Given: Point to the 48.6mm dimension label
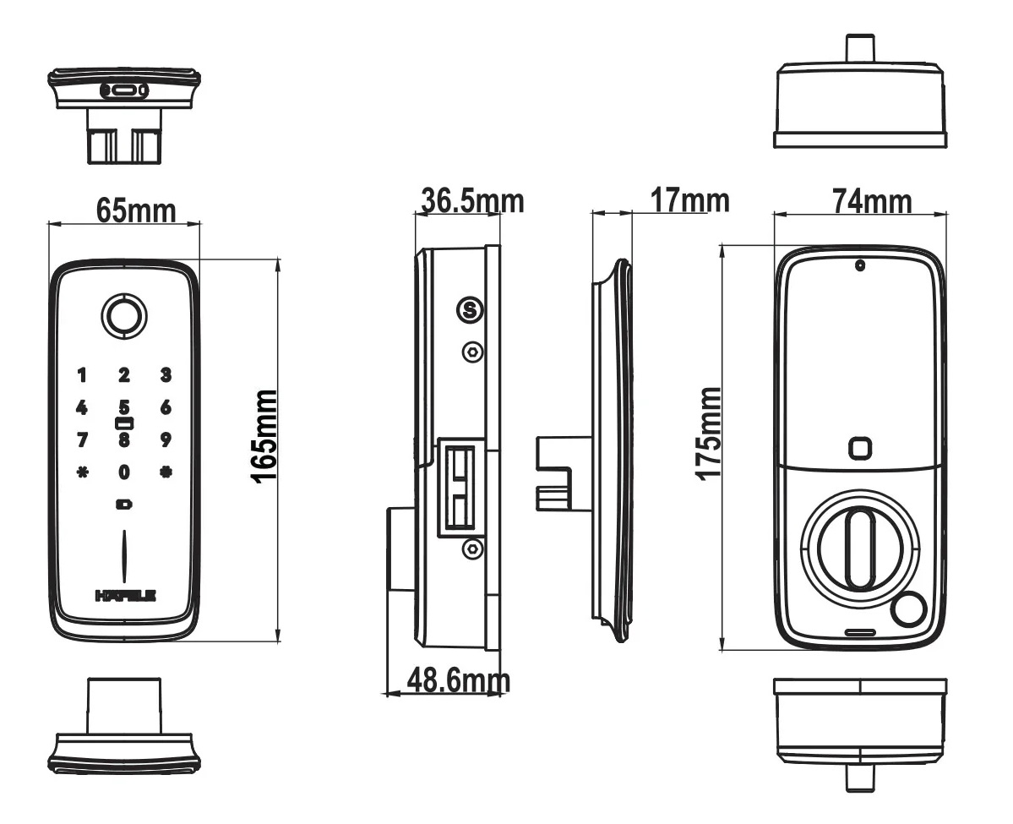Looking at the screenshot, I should tap(459, 679).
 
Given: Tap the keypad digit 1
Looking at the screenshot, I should tap(82, 374).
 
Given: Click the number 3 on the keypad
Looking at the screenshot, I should tap(166, 374).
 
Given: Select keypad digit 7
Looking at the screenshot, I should tap(82, 439).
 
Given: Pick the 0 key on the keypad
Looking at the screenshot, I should tap(124, 472).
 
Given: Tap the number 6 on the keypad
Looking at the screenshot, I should tap(166, 407).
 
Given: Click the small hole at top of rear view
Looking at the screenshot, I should tap(859, 265).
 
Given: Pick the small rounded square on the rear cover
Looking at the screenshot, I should tap(859, 448).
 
